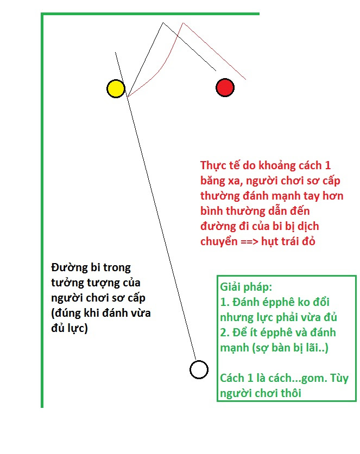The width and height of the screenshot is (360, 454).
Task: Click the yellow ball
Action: coord(116,88)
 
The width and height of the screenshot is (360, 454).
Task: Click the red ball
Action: coord(225,87)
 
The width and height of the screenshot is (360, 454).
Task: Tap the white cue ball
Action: coord(199,370)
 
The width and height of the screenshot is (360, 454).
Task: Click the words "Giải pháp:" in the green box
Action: coord(246,287)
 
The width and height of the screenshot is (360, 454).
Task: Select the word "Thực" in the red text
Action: coord(213,165)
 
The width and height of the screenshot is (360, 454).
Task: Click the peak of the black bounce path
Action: coord(163,23)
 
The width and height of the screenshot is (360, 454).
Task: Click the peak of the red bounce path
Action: coord(183,23)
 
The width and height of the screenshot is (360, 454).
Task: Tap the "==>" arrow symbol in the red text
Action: coord(249,241)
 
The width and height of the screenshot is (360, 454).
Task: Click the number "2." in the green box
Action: coord(225,332)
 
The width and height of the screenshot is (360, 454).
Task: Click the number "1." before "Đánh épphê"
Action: coord(225,302)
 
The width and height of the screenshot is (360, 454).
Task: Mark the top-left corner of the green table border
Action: coord(42,14)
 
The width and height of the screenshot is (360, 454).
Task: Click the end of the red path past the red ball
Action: coord(246,79)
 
